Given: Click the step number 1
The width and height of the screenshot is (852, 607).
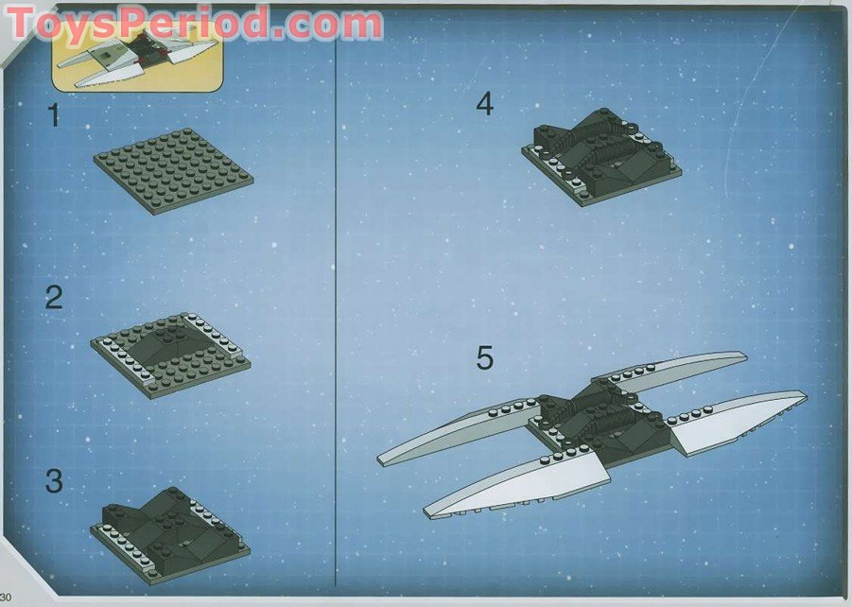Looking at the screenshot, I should coord(54,116).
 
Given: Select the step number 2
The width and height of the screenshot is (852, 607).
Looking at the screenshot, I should coord(54,298).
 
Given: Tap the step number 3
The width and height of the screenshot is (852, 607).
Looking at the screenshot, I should coord(54,480).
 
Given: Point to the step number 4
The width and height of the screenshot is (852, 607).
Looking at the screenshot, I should coord(484,104).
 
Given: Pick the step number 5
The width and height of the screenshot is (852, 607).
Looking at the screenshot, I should coord(484,358).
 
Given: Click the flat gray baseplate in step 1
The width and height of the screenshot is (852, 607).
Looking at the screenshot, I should coord(174,170).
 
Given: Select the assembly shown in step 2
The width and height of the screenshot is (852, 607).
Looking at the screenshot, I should coord(171,352).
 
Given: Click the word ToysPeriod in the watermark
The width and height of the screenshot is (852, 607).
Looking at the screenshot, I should coord(142,24).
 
